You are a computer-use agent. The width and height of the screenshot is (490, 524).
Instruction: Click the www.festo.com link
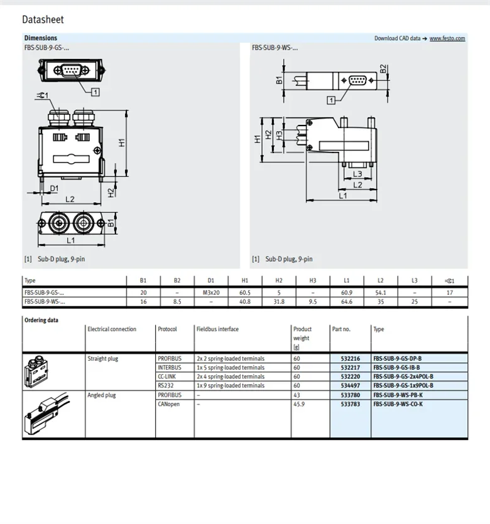tap(447, 38)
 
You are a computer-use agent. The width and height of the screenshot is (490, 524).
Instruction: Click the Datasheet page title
tap(43, 20)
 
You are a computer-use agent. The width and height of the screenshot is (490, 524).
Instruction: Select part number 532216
tap(351, 359)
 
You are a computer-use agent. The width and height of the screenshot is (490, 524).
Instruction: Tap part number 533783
tap(351, 404)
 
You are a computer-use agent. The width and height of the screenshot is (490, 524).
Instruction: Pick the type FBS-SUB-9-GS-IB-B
tap(396, 368)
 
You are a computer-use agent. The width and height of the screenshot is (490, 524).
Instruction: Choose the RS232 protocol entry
tap(165, 385)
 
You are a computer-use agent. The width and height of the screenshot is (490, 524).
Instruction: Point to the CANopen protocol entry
tap(168, 404)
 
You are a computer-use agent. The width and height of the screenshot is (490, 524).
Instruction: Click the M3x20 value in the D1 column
tap(211, 292)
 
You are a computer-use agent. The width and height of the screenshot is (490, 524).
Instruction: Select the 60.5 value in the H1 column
tap(245, 292)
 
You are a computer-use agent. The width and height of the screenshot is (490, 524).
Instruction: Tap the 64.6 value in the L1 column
tap(347, 302)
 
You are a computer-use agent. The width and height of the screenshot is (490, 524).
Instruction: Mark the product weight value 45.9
tap(300, 404)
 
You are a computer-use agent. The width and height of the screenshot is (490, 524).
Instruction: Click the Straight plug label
tap(103, 359)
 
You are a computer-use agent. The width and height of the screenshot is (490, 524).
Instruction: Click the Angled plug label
tap(102, 395)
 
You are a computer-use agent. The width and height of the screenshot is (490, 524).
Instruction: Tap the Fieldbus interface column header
tap(217, 329)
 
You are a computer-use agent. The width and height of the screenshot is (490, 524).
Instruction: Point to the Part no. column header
tap(341, 329)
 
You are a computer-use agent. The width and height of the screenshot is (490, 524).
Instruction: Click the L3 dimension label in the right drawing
tap(357, 174)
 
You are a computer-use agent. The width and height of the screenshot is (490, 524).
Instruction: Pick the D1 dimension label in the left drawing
tap(54, 188)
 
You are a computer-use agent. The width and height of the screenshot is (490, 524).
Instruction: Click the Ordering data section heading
tap(41, 320)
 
